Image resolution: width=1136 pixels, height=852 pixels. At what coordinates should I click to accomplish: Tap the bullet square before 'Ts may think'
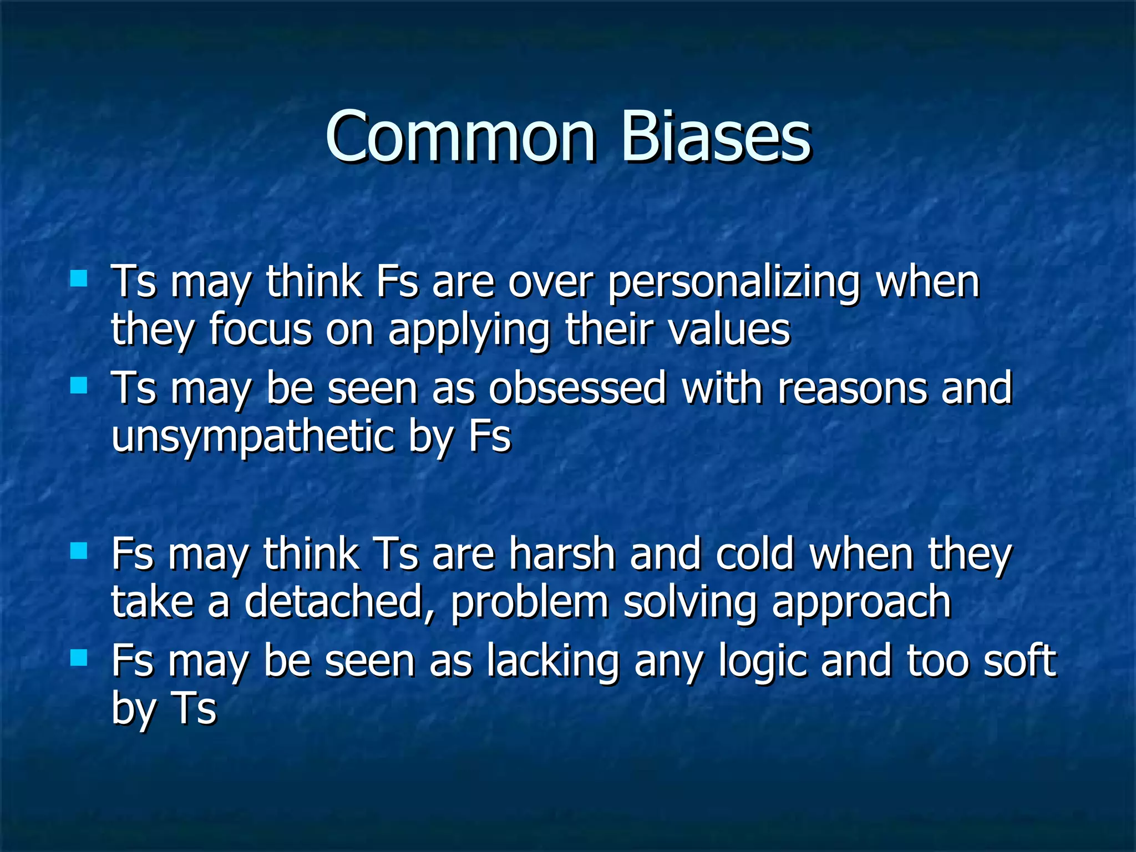(x=79, y=278)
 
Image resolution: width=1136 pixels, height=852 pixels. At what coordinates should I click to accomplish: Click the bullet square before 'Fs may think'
(x=79, y=550)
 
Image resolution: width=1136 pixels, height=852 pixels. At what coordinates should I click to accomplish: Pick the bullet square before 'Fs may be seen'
(x=79, y=658)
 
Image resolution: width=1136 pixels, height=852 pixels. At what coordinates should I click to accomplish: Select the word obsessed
(x=577, y=388)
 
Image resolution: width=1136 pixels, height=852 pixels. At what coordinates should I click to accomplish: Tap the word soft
(x=1020, y=661)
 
